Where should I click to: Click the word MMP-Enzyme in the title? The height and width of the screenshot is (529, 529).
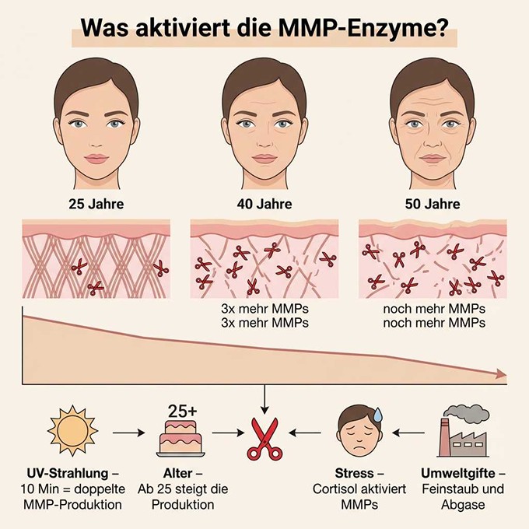[x=364, y=29]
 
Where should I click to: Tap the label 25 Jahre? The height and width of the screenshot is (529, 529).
[x=96, y=204]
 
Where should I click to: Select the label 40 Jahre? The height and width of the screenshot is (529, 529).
[x=264, y=204]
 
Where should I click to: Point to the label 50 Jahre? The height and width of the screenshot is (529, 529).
[x=433, y=204]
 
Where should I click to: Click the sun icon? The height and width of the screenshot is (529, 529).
[x=72, y=431]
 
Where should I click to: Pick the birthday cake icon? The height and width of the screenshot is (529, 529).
[x=180, y=438]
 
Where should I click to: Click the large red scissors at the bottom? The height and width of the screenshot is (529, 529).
[x=264, y=439]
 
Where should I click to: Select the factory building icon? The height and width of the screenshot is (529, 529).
[x=463, y=438]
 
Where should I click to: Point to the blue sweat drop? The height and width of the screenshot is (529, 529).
[x=378, y=415]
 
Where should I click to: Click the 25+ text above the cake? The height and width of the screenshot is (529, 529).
[x=182, y=412]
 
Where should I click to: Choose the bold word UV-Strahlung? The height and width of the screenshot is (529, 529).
[x=68, y=473]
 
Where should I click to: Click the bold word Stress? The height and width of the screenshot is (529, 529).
[x=354, y=473]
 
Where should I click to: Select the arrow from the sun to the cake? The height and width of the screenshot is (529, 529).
[x=128, y=433]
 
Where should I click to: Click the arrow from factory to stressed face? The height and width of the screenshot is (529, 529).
[x=408, y=433]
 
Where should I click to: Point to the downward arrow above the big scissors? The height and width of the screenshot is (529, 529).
[x=264, y=399]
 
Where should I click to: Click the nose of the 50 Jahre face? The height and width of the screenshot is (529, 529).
[x=433, y=141]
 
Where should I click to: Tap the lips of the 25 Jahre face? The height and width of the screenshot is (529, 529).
[x=96, y=159]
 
